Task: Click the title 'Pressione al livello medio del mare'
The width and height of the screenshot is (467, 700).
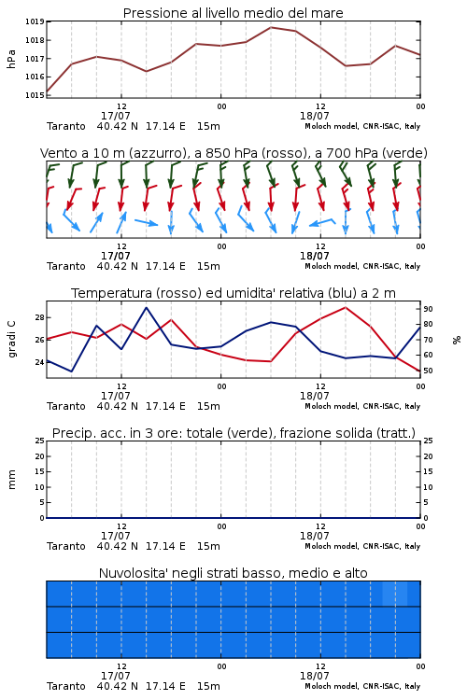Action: tap(233, 13)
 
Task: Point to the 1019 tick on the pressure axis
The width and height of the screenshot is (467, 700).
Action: tap(35, 21)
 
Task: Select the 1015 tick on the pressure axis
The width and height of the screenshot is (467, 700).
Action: tap(35, 95)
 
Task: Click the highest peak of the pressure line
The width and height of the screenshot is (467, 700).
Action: tap(271, 27)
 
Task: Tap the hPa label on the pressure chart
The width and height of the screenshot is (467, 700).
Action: tap(11, 60)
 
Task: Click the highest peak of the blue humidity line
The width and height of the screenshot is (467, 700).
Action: tap(146, 308)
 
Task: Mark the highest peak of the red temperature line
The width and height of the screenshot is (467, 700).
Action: tap(345, 307)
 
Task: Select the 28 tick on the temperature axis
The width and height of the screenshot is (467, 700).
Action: tap(40, 318)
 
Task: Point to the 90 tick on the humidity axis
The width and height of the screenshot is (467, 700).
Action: tap(428, 309)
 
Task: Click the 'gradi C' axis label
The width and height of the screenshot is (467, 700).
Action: tap(12, 340)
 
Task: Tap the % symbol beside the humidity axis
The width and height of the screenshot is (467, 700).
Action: tap(457, 340)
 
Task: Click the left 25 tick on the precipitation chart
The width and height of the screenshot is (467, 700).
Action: tap(40, 441)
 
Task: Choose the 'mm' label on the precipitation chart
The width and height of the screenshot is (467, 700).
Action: tap(12, 480)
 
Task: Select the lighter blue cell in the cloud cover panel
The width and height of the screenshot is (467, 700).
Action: tap(394, 594)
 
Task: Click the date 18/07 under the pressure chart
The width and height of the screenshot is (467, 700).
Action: tap(314, 116)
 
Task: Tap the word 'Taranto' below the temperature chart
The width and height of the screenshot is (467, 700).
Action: tap(66, 406)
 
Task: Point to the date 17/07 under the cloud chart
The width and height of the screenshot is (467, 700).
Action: tap(115, 676)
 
